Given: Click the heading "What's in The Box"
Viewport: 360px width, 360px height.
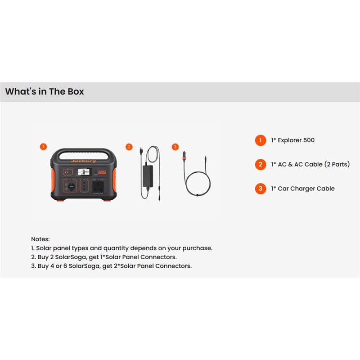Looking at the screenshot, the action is click(45, 91).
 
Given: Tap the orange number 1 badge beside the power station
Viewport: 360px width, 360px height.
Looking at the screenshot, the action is click(43, 147).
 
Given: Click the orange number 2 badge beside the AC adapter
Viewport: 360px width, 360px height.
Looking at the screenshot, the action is click(129, 147).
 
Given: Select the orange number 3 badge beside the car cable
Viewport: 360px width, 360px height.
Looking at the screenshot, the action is click(175, 147).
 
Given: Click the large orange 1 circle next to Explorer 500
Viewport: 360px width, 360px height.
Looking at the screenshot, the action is click(261, 140).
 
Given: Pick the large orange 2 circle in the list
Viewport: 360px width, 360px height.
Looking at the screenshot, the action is click(261, 164).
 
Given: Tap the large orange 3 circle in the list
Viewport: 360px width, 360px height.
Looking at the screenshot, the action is click(261, 189).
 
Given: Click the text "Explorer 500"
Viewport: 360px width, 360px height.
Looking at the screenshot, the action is click(296, 140).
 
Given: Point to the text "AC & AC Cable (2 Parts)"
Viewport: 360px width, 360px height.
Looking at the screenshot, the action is click(314, 164).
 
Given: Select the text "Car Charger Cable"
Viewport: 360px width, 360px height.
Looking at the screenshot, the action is click(306, 189).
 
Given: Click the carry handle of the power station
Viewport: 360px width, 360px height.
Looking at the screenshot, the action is click(84, 152).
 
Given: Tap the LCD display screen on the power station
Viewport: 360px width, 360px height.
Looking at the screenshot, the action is click(84, 172).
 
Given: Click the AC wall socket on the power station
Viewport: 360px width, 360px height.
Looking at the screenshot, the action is click(98, 187).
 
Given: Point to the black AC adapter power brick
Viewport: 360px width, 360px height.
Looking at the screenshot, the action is click(148, 176).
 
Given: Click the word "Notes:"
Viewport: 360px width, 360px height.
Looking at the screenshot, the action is click(40, 239).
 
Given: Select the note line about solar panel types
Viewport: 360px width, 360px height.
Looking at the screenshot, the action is click(121, 248).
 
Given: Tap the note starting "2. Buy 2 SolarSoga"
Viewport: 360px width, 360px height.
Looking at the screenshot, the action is click(104, 257).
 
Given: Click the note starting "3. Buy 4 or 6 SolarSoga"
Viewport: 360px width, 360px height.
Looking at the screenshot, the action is click(111, 266).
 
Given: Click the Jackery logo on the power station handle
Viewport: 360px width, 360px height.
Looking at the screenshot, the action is click(84, 161).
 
